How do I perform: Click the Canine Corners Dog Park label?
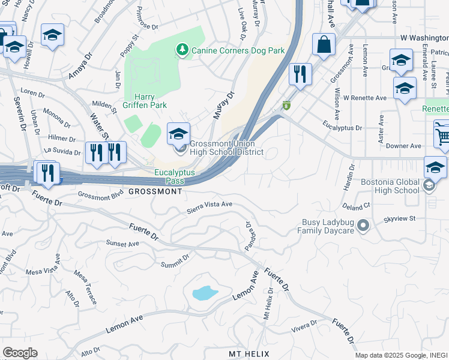(238, 50)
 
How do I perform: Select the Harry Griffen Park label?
(150, 100)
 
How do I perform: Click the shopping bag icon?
(324, 45)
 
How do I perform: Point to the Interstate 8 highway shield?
(287, 106)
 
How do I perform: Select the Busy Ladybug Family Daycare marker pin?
(363, 226)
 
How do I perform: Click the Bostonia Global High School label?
(390, 186)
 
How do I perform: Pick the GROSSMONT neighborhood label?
(155, 191)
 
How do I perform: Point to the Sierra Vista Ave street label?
(209, 205)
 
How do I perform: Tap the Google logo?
(19, 353)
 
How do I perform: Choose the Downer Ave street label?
(403, 146)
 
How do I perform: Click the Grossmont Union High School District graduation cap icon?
(178, 134)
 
